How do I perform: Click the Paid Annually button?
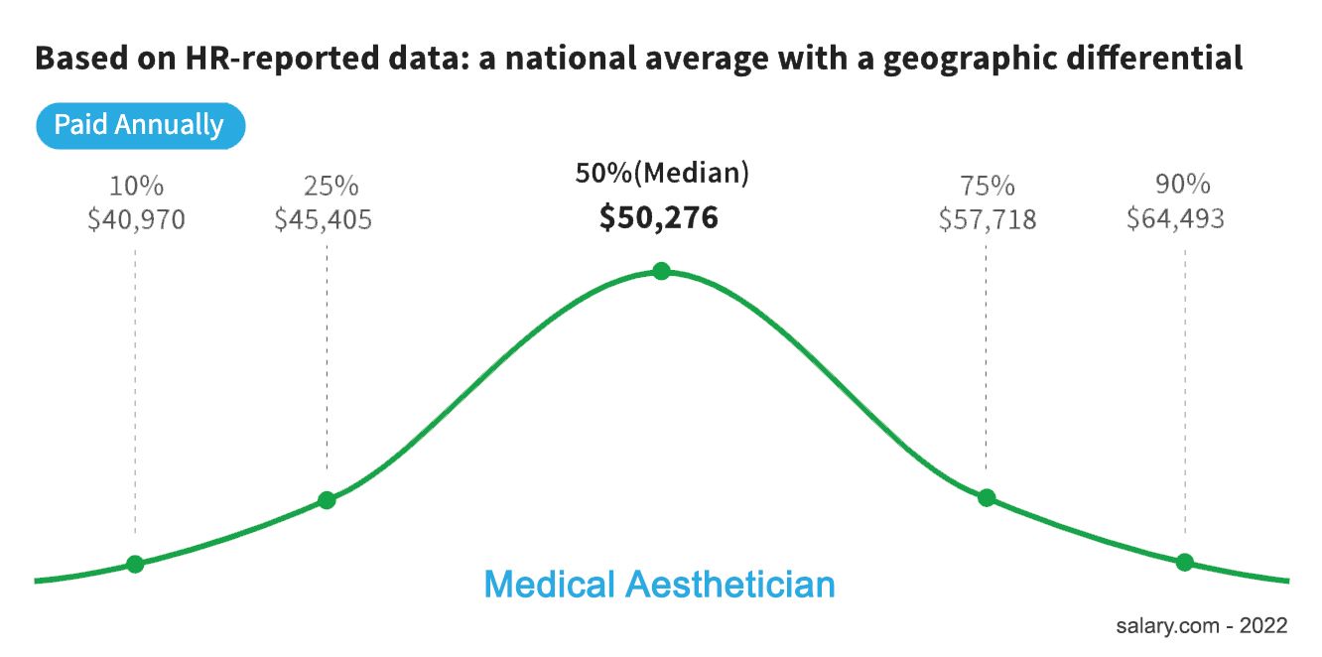pyautogui.click(x=139, y=126)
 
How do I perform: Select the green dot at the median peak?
pyautogui.click(x=661, y=271)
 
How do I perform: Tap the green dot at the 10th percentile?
pyautogui.click(x=135, y=565)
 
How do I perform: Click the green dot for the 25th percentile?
pyautogui.click(x=327, y=500)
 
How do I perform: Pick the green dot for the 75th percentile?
pyautogui.click(x=987, y=497)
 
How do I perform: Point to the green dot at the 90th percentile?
pyautogui.click(x=1184, y=563)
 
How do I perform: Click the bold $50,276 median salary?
pyautogui.click(x=658, y=218)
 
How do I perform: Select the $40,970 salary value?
pyautogui.click(x=136, y=219)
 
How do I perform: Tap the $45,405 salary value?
pyautogui.click(x=324, y=219)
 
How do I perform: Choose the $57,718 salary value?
pyautogui.click(x=988, y=219)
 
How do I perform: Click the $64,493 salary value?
pyautogui.click(x=1175, y=219)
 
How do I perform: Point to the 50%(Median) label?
pyautogui.click(x=662, y=174)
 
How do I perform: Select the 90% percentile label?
pyautogui.click(x=1183, y=186)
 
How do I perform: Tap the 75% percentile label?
pyautogui.click(x=988, y=186)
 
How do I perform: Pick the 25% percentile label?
pyautogui.click(x=330, y=186)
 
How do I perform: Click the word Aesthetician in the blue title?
pyautogui.click(x=730, y=585)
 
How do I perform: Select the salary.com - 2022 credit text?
pyautogui.click(x=1201, y=625)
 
